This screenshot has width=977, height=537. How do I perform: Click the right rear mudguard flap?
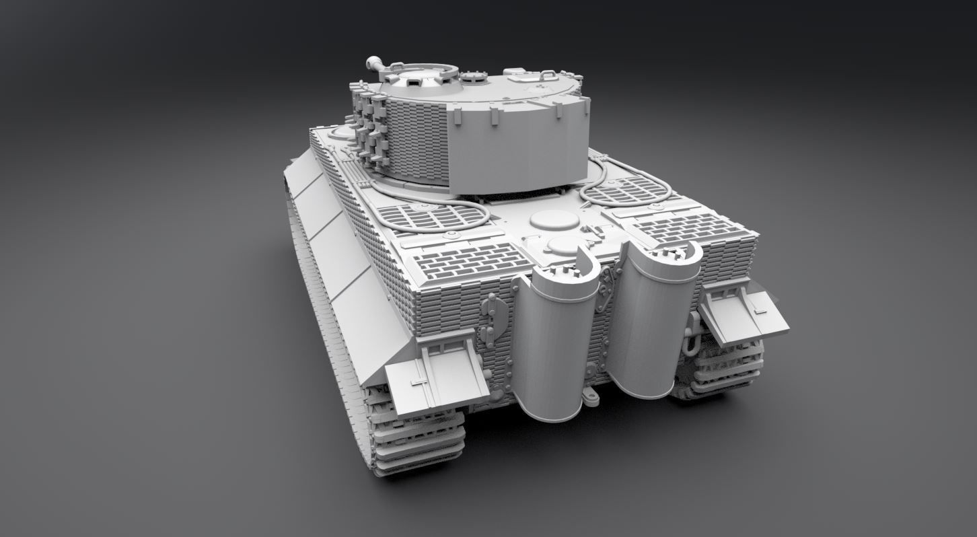click(x=744, y=316)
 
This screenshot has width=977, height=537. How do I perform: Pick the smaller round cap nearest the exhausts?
click(x=564, y=245)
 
